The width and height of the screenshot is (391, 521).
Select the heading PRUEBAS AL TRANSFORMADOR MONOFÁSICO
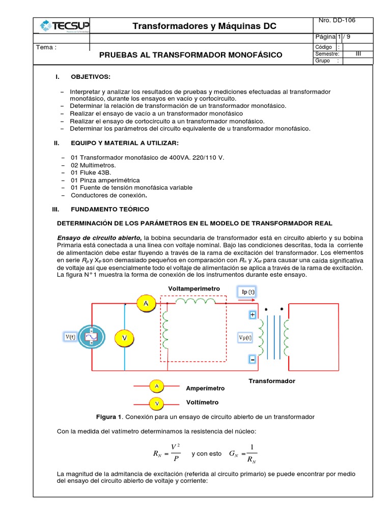point(190,54)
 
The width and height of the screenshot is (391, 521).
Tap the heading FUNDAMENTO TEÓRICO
point(110,209)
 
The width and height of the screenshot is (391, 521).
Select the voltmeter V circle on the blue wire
point(124,338)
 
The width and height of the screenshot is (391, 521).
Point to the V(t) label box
point(70,336)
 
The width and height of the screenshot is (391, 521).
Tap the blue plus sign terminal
point(252,315)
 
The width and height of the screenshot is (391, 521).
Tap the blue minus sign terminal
point(252,359)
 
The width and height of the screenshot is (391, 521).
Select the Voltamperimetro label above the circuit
point(194,288)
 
